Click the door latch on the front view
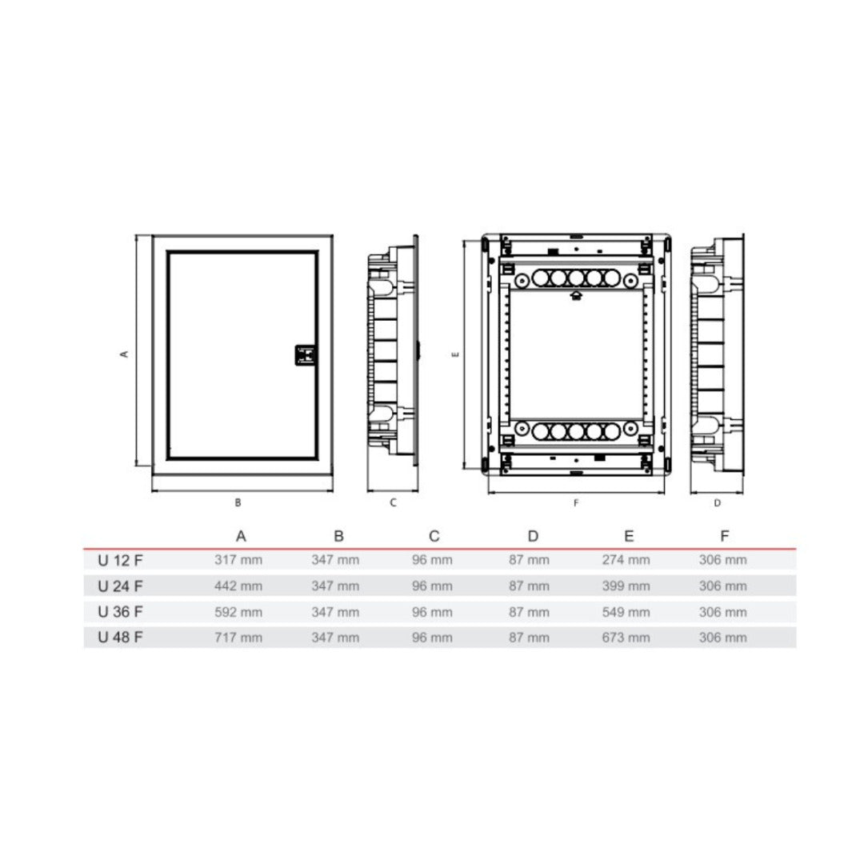tap(306, 355)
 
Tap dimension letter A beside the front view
tap(124, 354)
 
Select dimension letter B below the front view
tap(238, 502)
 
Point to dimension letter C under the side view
tap(393, 502)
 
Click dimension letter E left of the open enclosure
tap(455, 354)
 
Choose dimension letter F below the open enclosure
tap(576, 503)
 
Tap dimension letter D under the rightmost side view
tap(717, 503)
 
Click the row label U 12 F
tap(120, 560)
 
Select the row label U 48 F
tap(120, 638)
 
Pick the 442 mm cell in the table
tap(238, 586)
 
